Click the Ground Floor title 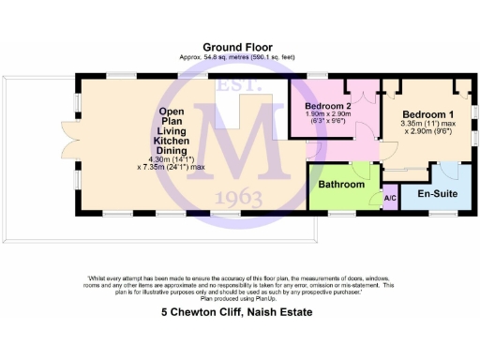click(239, 46)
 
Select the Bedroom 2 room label click(328, 106)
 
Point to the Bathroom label click(340, 185)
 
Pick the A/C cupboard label click(390, 198)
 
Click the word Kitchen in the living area click(171, 141)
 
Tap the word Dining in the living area click(171, 151)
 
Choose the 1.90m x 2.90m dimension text click(329, 114)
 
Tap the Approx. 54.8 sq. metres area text click(239, 56)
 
